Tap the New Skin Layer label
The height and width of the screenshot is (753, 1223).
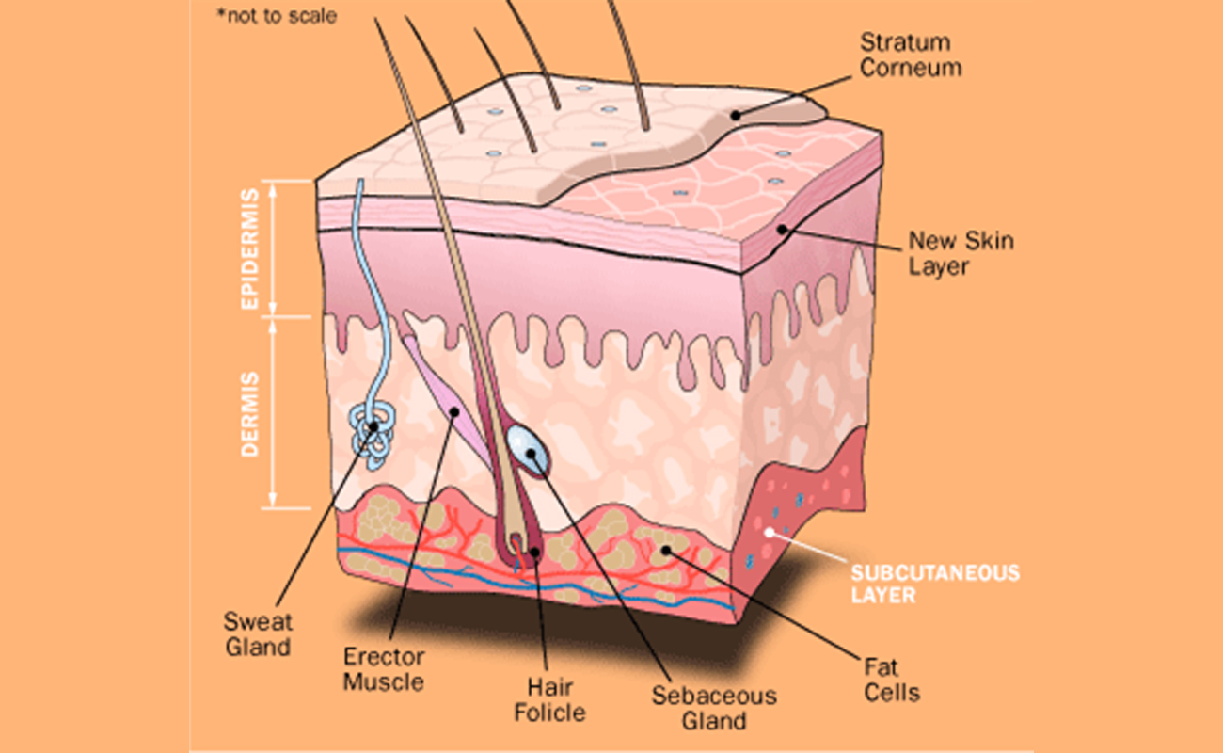click(961, 254)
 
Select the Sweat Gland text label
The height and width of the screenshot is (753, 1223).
click(258, 634)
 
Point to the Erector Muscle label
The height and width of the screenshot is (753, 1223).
click(383, 668)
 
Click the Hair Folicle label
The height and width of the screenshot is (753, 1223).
click(549, 698)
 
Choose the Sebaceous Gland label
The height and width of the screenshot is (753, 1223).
click(715, 709)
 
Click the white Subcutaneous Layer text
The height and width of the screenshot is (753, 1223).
click(935, 584)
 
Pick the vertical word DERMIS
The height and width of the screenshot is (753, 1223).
click(249, 414)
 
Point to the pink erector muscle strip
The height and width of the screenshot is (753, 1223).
click(442, 395)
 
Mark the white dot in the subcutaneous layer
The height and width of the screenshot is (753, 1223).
click(769, 532)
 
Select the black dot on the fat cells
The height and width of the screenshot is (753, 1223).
click(666, 549)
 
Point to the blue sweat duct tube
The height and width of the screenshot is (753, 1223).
click(359, 282)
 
